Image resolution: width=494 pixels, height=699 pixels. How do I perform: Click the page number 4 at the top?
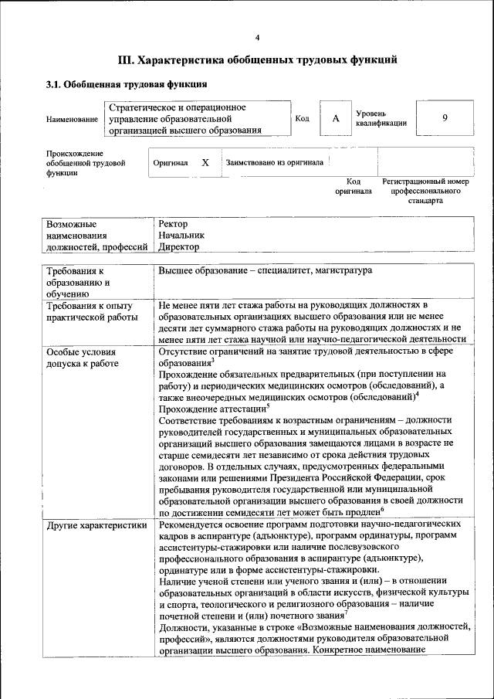[x=258, y=38]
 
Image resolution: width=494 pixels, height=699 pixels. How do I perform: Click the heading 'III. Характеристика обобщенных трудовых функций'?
[x=258, y=59]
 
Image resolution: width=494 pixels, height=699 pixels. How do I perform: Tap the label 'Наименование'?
[x=72, y=120]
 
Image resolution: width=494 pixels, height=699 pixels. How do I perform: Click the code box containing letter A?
[x=336, y=118]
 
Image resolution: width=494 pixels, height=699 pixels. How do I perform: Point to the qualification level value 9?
[x=445, y=118]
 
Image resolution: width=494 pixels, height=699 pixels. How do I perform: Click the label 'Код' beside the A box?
[x=303, y=118]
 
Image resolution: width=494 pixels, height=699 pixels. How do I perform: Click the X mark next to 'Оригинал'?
[x=205, y=163]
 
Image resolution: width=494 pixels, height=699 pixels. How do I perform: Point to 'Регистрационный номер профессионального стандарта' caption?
[x=425, y=191]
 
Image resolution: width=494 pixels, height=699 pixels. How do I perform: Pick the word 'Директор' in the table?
[x=179, y=247]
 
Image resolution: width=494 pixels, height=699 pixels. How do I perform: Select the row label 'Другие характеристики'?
[x=96, y=525]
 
